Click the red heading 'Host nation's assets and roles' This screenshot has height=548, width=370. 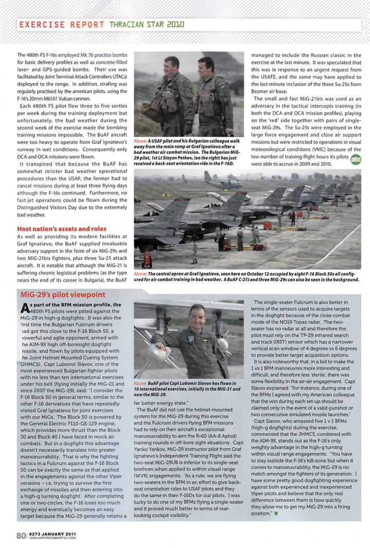tap(62, 228)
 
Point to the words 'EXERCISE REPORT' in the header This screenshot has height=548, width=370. tap(61, 24)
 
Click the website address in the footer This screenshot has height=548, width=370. tap(53, 539)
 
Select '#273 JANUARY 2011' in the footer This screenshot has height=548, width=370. tap(53, 534)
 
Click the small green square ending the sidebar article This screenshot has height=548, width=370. tap(276, 484)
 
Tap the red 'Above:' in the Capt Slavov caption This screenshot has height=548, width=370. tap(141, 383)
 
